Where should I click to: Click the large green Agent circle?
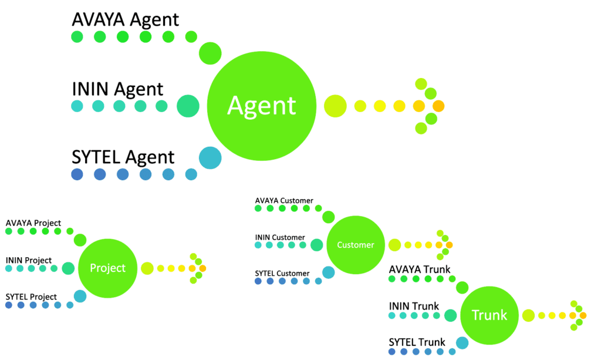click(262, 106)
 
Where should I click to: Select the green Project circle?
click(107, 268)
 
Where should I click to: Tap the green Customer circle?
click(355, 245)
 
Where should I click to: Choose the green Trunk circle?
click(489, 315)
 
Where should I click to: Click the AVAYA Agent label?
click(125, 19)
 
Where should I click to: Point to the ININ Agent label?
click(117, 89)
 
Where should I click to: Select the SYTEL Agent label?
click(123, 157)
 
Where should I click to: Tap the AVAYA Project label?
click(33, 223)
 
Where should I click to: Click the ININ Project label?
click(29, 260)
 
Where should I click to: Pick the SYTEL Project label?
click(31, 296)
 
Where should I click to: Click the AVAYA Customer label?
click(284, 201)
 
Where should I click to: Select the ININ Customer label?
click(280, 237)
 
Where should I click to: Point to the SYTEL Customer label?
click(282, 273)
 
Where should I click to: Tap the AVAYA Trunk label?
click(420, 269)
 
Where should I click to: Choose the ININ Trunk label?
click(414, 306)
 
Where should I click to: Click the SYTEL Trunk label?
click(417, 342)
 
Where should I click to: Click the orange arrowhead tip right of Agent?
click(438, 106)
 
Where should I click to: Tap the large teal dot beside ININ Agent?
click(188, 106)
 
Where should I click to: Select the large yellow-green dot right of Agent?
click(335, 106)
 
